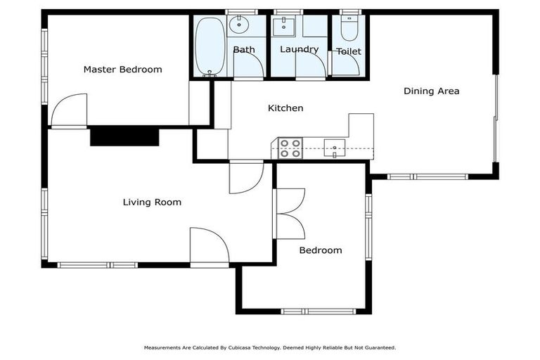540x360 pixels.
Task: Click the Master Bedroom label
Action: point(122,69)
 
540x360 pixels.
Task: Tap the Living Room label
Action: point(152,202)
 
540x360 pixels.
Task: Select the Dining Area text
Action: point(431,91)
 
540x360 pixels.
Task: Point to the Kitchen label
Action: point(285,108)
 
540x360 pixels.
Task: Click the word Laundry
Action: point(299,49)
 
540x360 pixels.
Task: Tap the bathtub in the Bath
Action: point(210,46)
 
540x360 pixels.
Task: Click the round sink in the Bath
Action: point(239,25)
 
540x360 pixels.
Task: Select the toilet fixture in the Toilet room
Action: point(349,28)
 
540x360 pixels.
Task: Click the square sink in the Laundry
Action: point(284,27)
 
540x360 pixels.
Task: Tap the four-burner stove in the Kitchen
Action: point(290,148)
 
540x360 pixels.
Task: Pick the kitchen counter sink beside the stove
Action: point(335,148)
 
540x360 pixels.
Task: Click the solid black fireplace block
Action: point(124,137)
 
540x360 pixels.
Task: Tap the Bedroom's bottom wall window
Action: point(319,311)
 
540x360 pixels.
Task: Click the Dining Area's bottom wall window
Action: point(427,176)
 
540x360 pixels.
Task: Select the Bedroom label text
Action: point(321,250)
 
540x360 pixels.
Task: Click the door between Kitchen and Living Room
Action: point(246,177)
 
